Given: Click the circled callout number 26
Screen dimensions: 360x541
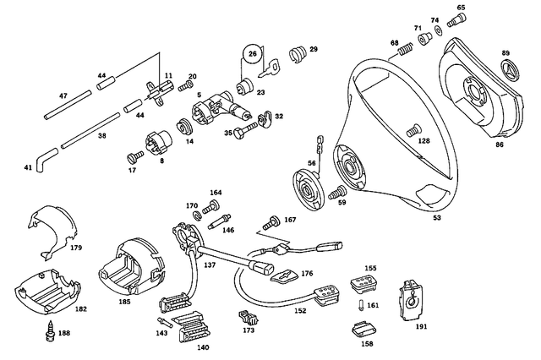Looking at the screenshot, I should [x=252, y=56].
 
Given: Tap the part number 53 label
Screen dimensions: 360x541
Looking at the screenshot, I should [x=437, y=218].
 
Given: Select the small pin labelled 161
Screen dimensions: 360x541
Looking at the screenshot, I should [x=360, y=305].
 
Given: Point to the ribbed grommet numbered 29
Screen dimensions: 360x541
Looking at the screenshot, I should [x=297, y=54].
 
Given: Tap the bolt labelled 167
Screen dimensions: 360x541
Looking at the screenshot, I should [x=270, y=222].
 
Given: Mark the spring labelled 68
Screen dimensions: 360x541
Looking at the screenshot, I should [x=405, y=54].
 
